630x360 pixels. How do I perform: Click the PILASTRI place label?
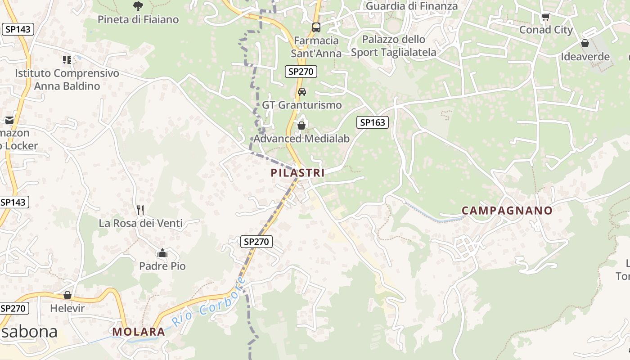pos(297,172)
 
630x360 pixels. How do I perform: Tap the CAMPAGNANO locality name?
pos(507,211)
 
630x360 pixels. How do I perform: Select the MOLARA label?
pos(139,332)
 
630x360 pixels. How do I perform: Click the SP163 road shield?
pos(373,122)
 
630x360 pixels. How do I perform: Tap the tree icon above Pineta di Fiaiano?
pos(138,6)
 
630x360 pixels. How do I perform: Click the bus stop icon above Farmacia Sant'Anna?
pos(316,27)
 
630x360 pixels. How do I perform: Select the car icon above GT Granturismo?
pos(302,92)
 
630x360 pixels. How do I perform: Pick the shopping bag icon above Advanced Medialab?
pos(301,125)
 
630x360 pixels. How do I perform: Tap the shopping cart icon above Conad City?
pos(545,17)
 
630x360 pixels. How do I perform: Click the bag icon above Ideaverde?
pos(585,44)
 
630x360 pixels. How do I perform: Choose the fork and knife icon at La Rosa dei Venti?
pos(140,210)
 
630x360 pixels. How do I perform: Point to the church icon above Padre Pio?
pos(162,253)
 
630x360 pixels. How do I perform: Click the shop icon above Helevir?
pos(67,295)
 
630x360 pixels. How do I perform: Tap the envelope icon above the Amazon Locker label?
pos(9,120)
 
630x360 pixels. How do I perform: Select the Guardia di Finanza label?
pos(411,6)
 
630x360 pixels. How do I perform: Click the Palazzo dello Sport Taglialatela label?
pos(393,46)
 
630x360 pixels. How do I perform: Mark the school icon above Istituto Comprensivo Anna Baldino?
pos(67,59)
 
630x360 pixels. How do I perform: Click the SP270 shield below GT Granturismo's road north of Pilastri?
pos(301,71)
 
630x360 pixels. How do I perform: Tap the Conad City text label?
pos(546,30)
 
